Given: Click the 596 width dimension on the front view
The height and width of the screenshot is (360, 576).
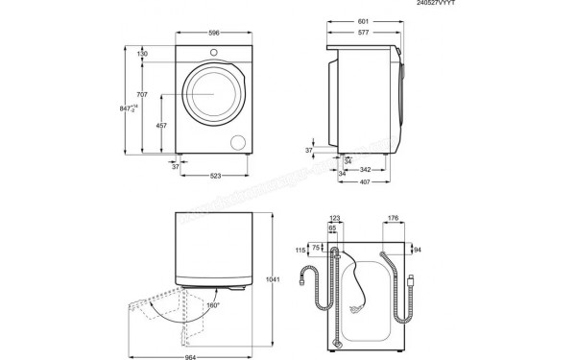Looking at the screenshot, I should [213, 33].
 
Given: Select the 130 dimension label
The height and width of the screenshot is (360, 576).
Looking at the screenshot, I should [142, 54].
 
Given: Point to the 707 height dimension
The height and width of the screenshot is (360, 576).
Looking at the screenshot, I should [141, 95].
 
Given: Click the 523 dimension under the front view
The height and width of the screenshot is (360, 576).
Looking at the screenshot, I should [217, 176].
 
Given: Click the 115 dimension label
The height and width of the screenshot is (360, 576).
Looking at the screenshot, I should [300, 251].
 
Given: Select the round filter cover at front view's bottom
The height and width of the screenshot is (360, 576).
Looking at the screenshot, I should [237, 143].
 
